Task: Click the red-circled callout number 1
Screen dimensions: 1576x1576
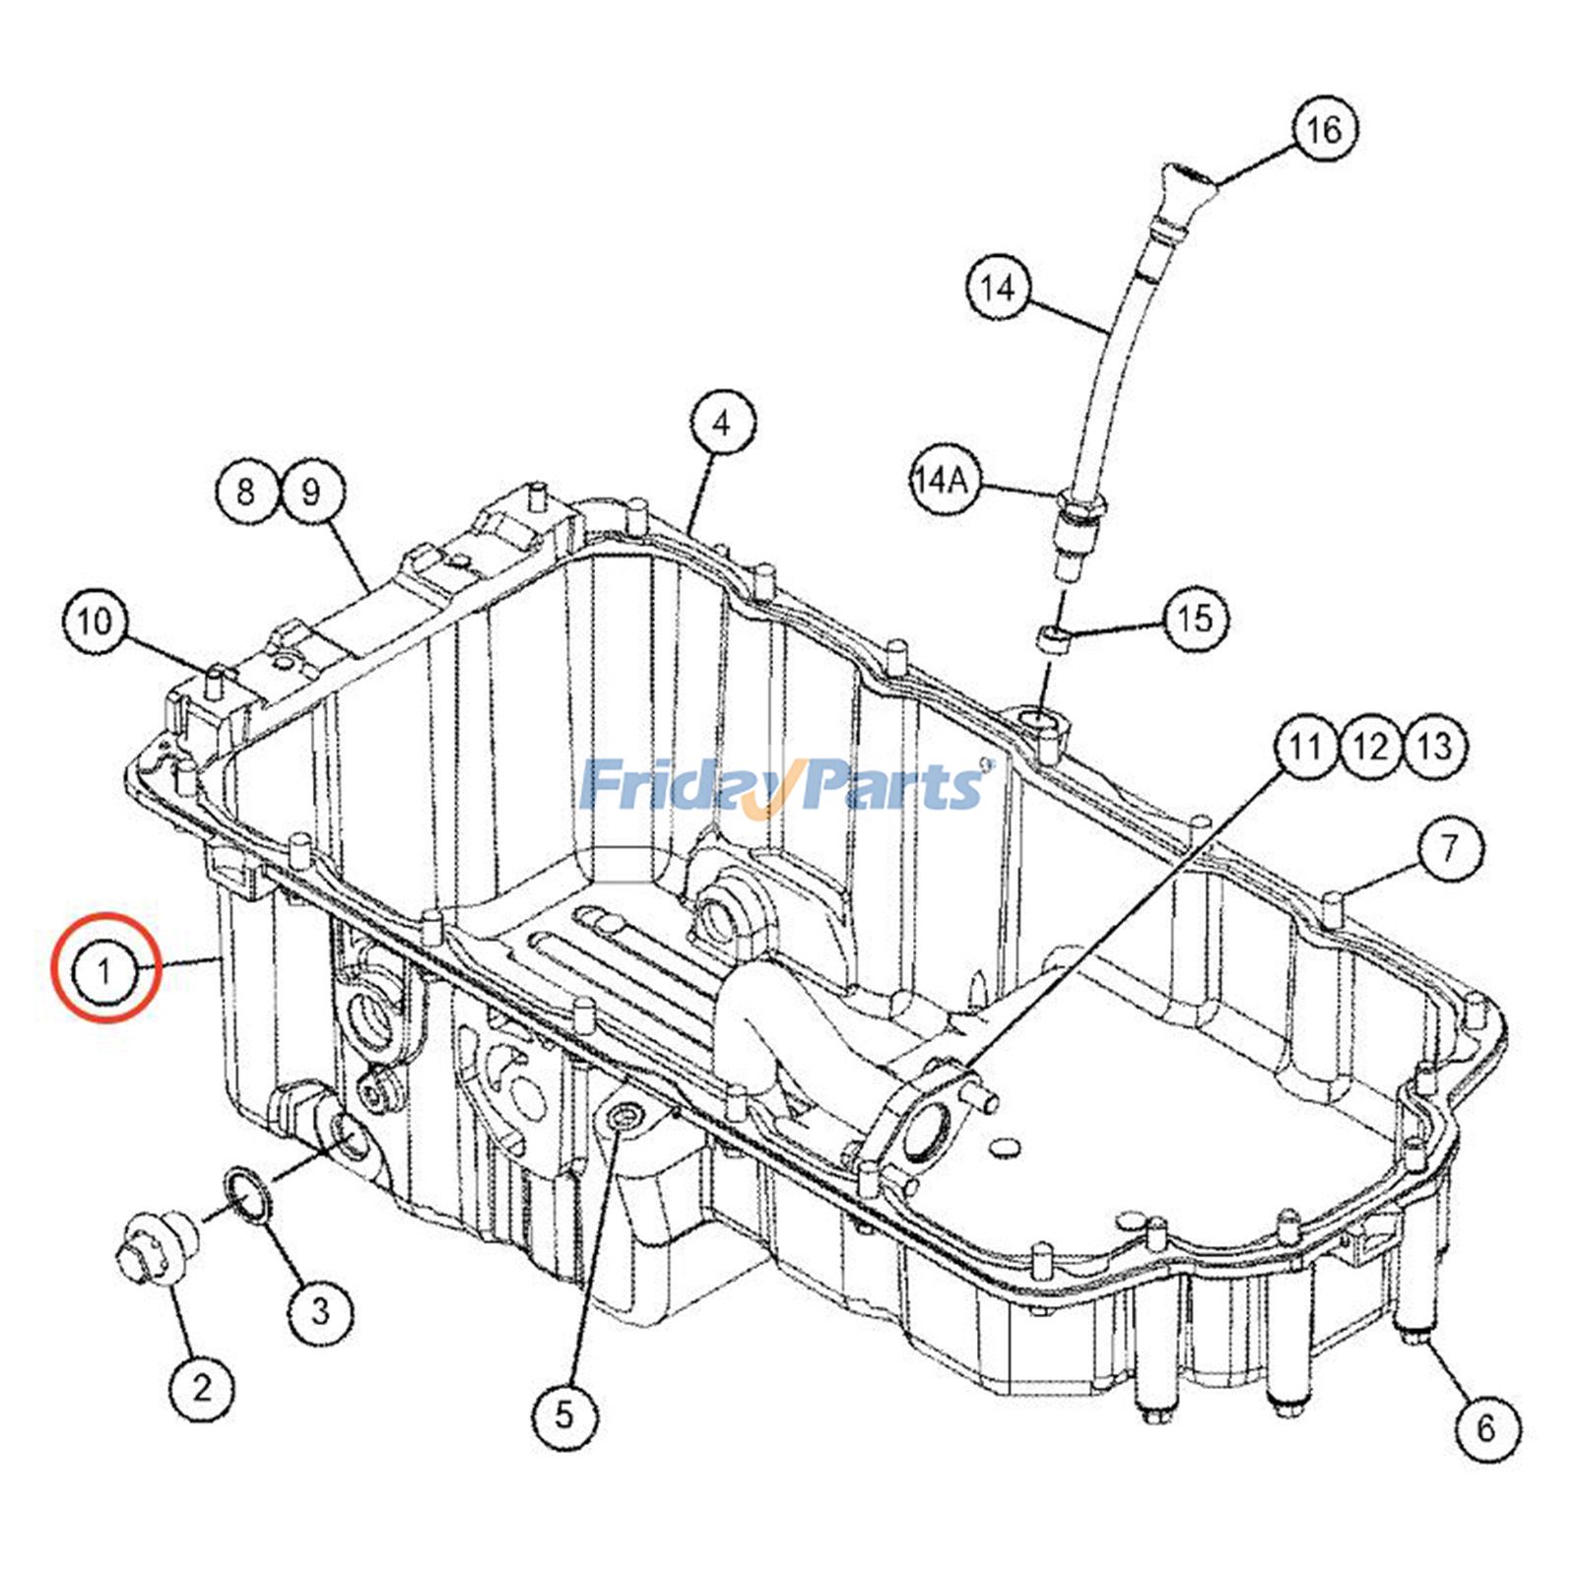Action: [104, 970]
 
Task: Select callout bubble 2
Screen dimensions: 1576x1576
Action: [201, 1388]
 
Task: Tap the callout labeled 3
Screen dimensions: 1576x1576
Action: [320, 1311]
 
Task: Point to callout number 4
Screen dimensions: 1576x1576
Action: [722, 424]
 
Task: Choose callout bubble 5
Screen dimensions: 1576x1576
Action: [563, 1415]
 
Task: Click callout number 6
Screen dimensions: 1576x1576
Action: [1487, 1427]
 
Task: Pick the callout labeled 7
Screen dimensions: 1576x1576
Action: [1449, 847]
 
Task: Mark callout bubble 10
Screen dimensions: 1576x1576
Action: [96, 621]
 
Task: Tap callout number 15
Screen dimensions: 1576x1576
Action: [1197, 619]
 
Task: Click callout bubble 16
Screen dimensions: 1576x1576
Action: [1324, 128]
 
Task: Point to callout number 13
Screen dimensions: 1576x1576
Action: [1434, 746]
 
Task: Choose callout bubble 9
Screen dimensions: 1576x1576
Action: [312, 491]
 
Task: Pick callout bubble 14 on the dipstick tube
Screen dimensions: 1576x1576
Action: [997, 288]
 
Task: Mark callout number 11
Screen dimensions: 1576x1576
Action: [1306, 746]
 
